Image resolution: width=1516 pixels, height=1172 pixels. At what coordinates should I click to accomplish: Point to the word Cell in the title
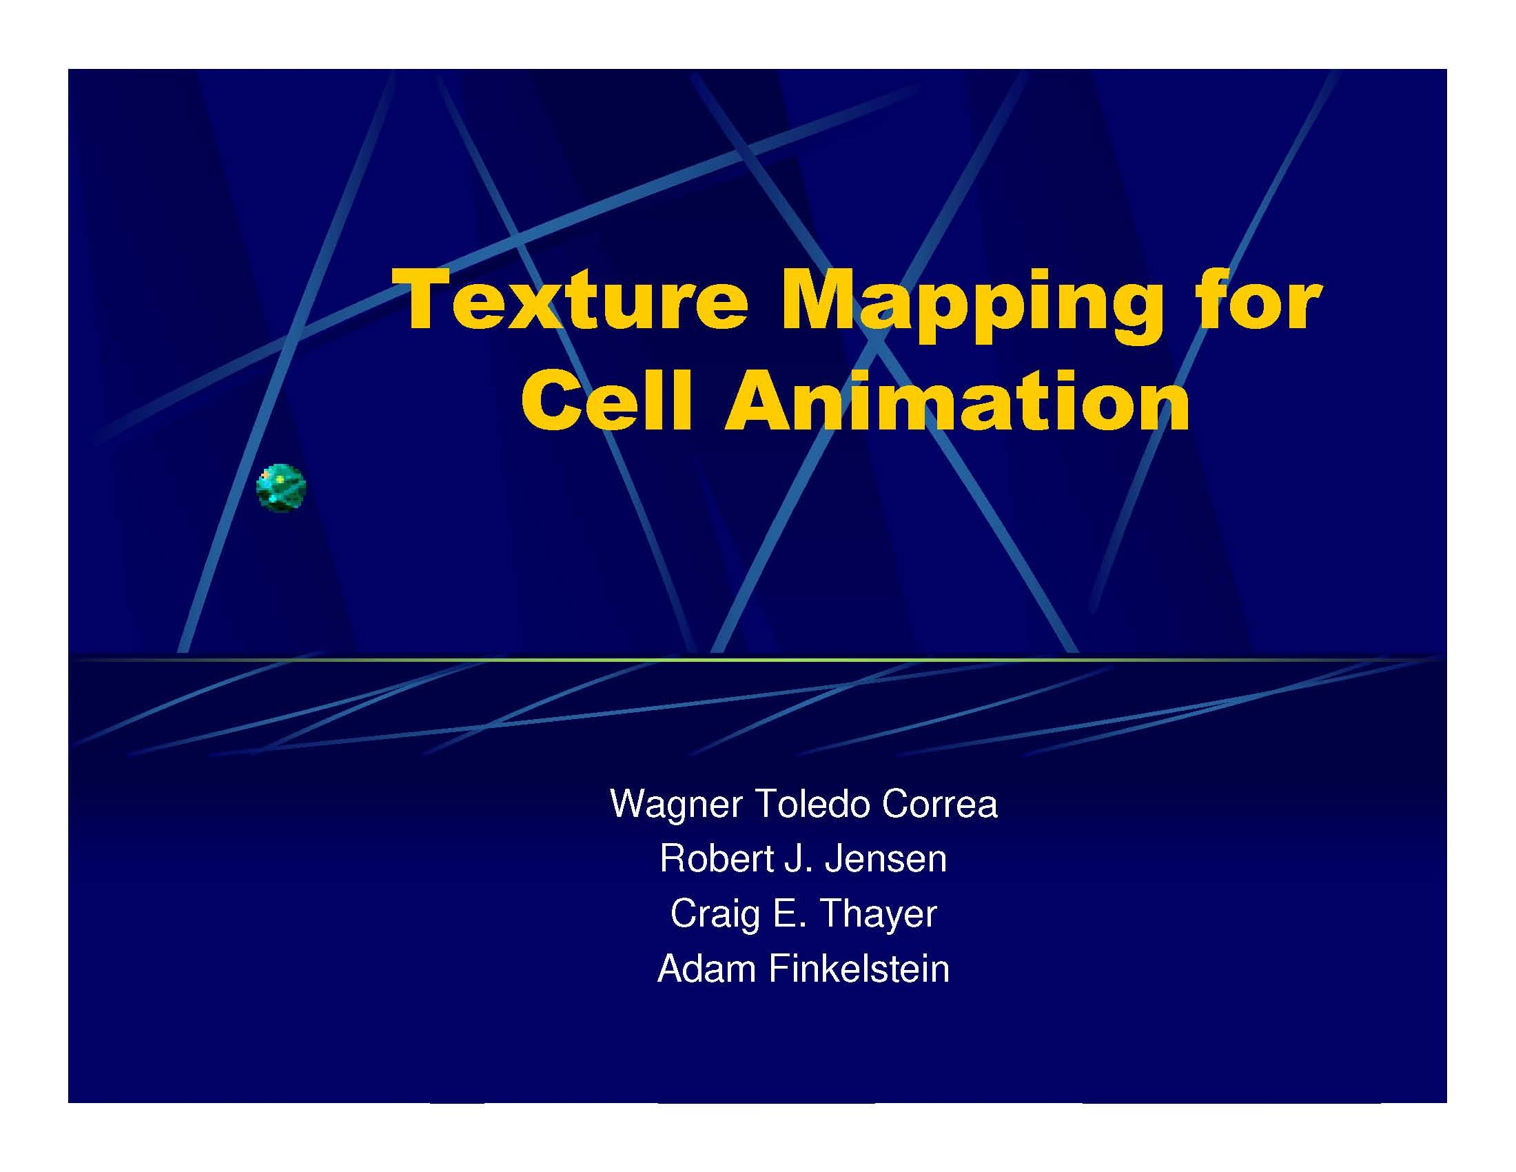click(607, 401)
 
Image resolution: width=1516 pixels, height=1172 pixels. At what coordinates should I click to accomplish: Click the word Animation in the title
click(957, 401)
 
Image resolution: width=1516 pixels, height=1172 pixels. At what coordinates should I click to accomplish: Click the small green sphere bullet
click(281, 488)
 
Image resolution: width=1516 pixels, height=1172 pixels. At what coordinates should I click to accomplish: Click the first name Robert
click(717, 859)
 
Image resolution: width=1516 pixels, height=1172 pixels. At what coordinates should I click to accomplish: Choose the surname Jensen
click(885, 860)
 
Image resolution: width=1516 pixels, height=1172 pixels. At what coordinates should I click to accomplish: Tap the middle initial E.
click(783, 913)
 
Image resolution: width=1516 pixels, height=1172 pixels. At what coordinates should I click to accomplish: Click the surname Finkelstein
click(859, 969)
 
